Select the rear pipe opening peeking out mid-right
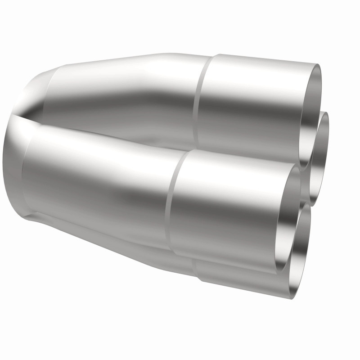coord(320,157)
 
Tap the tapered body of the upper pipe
coord(130,90)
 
